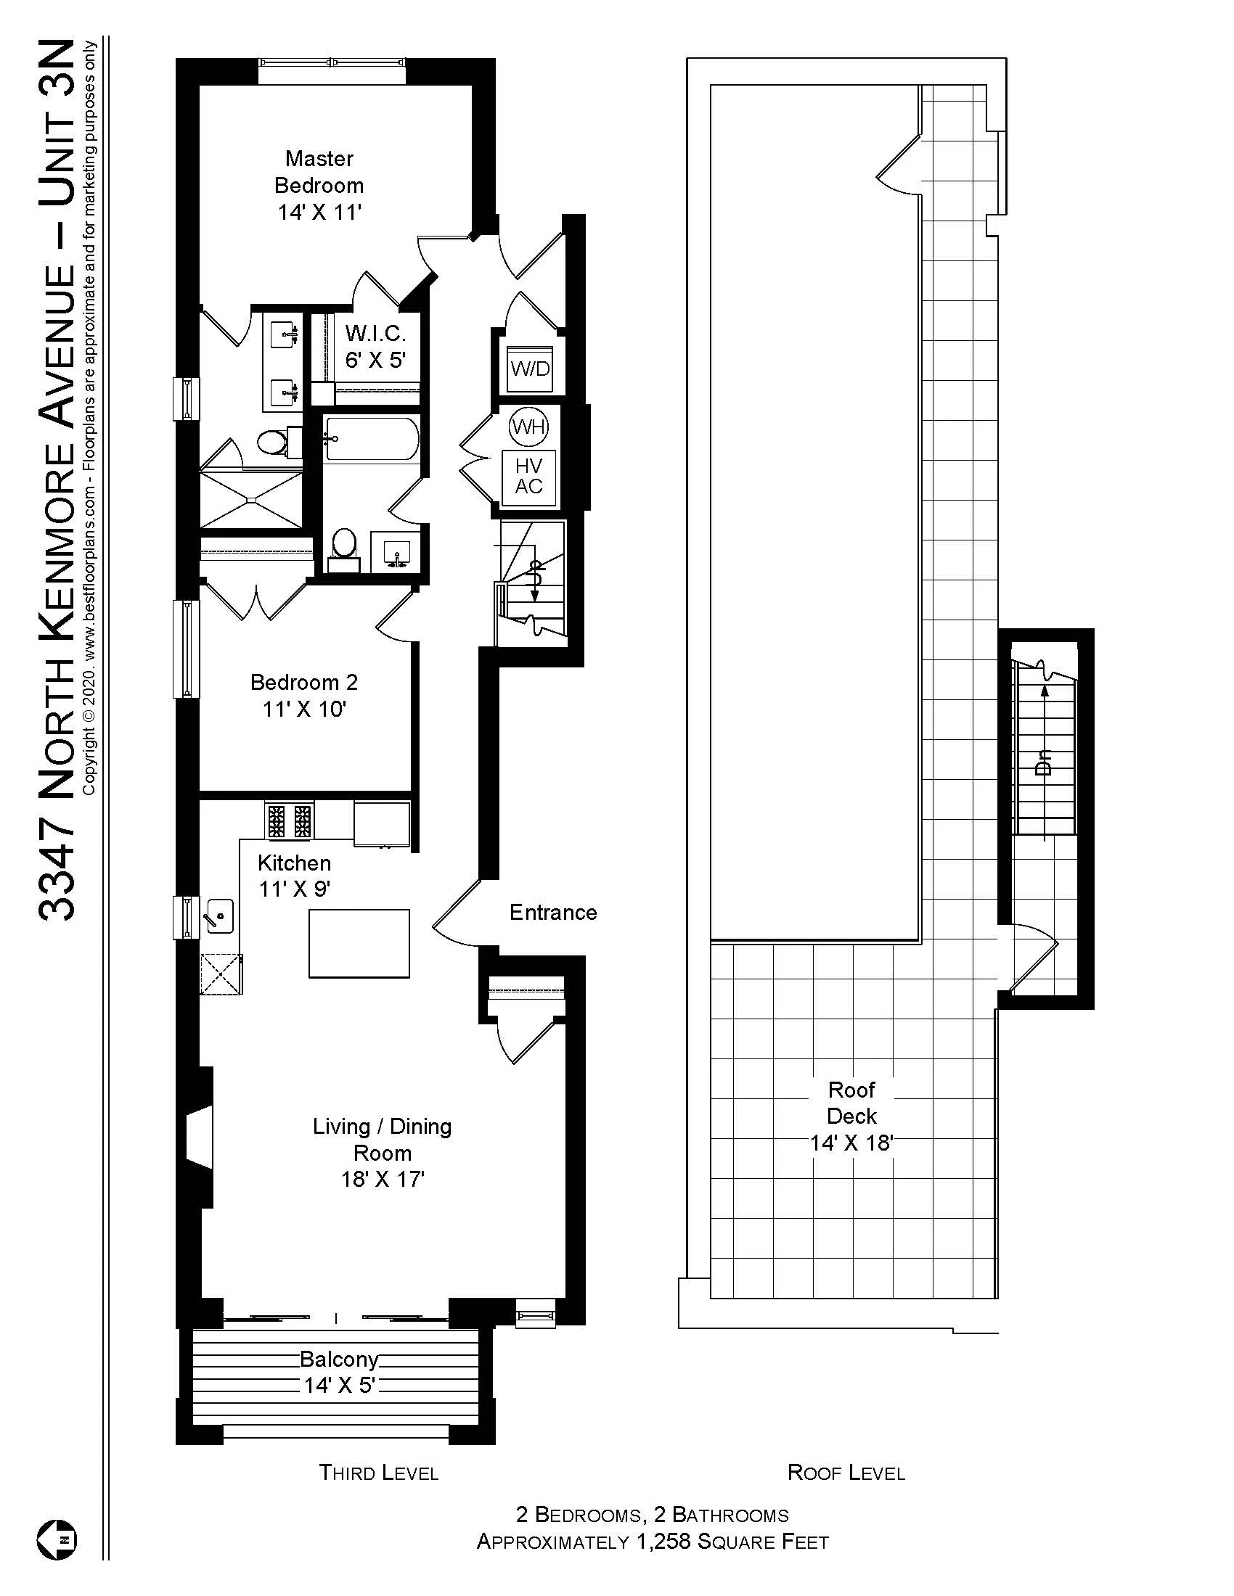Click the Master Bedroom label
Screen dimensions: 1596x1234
click(x=319, y=172)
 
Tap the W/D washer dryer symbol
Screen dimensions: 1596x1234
click(x=530, y=369)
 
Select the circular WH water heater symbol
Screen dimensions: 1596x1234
click(x=528, y=426)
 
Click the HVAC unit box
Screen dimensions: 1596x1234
click(x=528, y=477)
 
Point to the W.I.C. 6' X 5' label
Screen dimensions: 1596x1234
click(x=375, y=346)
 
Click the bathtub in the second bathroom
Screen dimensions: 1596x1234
click(x=372, y=438)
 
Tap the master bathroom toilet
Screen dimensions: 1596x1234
click(x=274, y=441)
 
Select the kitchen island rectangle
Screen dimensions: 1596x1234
click(x=358, y=942)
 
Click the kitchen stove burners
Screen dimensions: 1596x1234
click(x=289, y=820)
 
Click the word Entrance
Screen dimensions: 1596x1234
click(x=552, y=912)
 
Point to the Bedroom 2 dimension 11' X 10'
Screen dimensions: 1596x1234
click(x=304, y=709)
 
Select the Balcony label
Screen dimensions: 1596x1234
click(x=338, y=1360)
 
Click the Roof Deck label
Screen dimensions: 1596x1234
click(x=851, y=1103)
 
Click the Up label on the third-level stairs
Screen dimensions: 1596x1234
click(x=535, y=569)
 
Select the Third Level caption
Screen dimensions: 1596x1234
click(x=378, y=1473)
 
